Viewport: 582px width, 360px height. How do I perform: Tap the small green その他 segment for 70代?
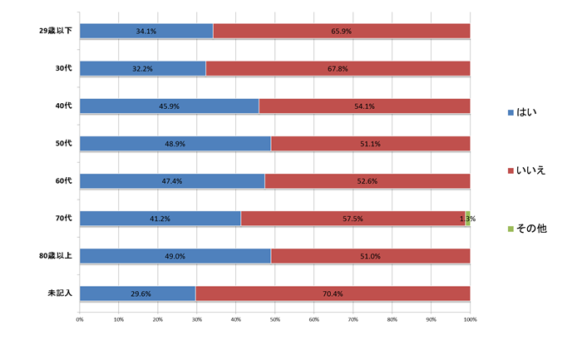point(468,219)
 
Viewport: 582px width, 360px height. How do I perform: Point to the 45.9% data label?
point(169,106)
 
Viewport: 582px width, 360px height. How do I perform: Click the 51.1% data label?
point(370,144)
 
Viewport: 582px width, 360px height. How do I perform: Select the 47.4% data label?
point(171,181)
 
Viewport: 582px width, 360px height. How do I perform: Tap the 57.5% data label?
point(353,219)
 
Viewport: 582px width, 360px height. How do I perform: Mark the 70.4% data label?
point(332,293)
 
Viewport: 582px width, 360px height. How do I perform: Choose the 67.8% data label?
point(338,69)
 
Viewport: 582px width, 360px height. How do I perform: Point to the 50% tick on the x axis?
point(275,318)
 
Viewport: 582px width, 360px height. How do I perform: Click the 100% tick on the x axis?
point(470,318)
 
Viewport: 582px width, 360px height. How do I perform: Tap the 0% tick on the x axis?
point(80,318)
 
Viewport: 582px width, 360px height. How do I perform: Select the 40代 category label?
point(63,106)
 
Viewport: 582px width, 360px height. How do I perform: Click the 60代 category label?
point(63,180)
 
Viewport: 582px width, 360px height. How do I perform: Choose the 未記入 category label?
point(61,293)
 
